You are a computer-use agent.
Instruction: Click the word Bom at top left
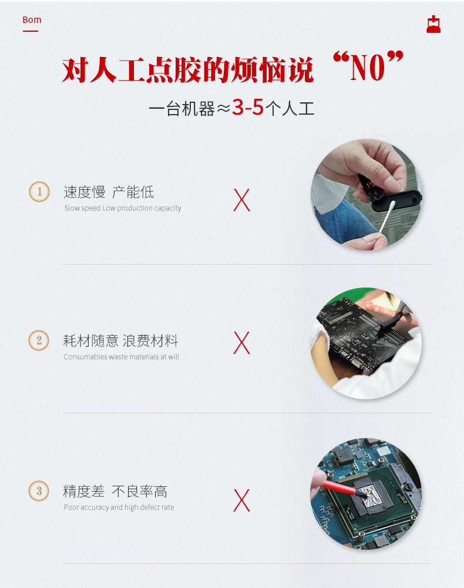tap(32, 20)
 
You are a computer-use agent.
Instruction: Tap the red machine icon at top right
tap(433, 25)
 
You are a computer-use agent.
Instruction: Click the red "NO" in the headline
tap(368, 68)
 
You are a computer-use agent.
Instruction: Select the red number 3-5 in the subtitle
tap(247, 108)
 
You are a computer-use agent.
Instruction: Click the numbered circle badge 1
tap(39, 192)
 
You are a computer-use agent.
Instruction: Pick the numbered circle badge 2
tap(39, 340)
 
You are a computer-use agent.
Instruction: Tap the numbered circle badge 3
tap(39, 491)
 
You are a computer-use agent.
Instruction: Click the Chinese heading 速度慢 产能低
tap(109, 192)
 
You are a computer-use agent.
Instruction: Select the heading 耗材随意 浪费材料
tap(120, 340)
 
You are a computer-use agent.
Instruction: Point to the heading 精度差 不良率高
tap(115, 491)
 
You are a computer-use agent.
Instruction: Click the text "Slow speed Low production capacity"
tap(123, 208)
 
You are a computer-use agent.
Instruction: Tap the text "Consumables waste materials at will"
tap(121, 357)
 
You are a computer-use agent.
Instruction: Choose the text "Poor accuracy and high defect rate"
tap(119, 507)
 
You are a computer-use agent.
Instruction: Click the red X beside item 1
tap(241, 201)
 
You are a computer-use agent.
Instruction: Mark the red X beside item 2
tap(241, 343)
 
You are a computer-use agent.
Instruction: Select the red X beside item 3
tap(241, 500)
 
